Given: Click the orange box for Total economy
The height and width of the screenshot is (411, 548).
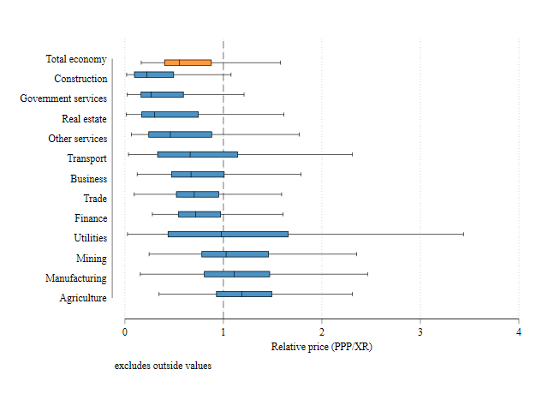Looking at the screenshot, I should (x=188, y=63).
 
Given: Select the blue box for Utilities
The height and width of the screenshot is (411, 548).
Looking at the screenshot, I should (x=228, y=234).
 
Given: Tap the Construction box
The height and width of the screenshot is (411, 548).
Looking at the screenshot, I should (x=154, y=74).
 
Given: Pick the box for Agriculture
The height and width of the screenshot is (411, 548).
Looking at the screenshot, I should (x=244, y=294).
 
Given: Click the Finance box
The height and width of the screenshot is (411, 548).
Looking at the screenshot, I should (x=200, y=214).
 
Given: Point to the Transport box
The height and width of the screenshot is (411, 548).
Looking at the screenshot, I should (x=197, y=154).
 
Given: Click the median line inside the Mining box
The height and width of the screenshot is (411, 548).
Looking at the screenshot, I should (x=225, y=254).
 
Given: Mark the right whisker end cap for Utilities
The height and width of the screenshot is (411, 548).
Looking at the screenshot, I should (x=463, y=234).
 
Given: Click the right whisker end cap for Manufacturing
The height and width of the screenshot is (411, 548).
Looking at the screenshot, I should (x=367, y=274).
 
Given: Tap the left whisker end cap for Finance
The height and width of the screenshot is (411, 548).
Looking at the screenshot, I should (x=152, y=214).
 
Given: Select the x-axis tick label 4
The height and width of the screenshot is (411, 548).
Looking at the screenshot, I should (x=519, y=332).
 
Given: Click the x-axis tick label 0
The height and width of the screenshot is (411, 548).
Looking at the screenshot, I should (x=125, y=332).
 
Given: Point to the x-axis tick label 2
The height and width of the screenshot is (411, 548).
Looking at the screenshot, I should (x=322, y=332).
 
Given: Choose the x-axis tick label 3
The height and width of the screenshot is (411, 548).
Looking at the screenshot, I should (x=420, y=332).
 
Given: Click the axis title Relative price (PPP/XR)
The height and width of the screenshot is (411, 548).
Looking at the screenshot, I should (x=322, y=347).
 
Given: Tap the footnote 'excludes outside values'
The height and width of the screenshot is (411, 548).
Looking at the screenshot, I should (x=163, y=366).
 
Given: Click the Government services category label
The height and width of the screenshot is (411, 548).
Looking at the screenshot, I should (x=63, y=99).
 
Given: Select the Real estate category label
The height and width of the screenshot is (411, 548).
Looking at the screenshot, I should (x=84, y=119).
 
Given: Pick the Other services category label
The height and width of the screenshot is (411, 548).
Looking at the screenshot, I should (x=78, y=139).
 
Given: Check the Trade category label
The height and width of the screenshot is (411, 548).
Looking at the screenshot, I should (x=95, y=199).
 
